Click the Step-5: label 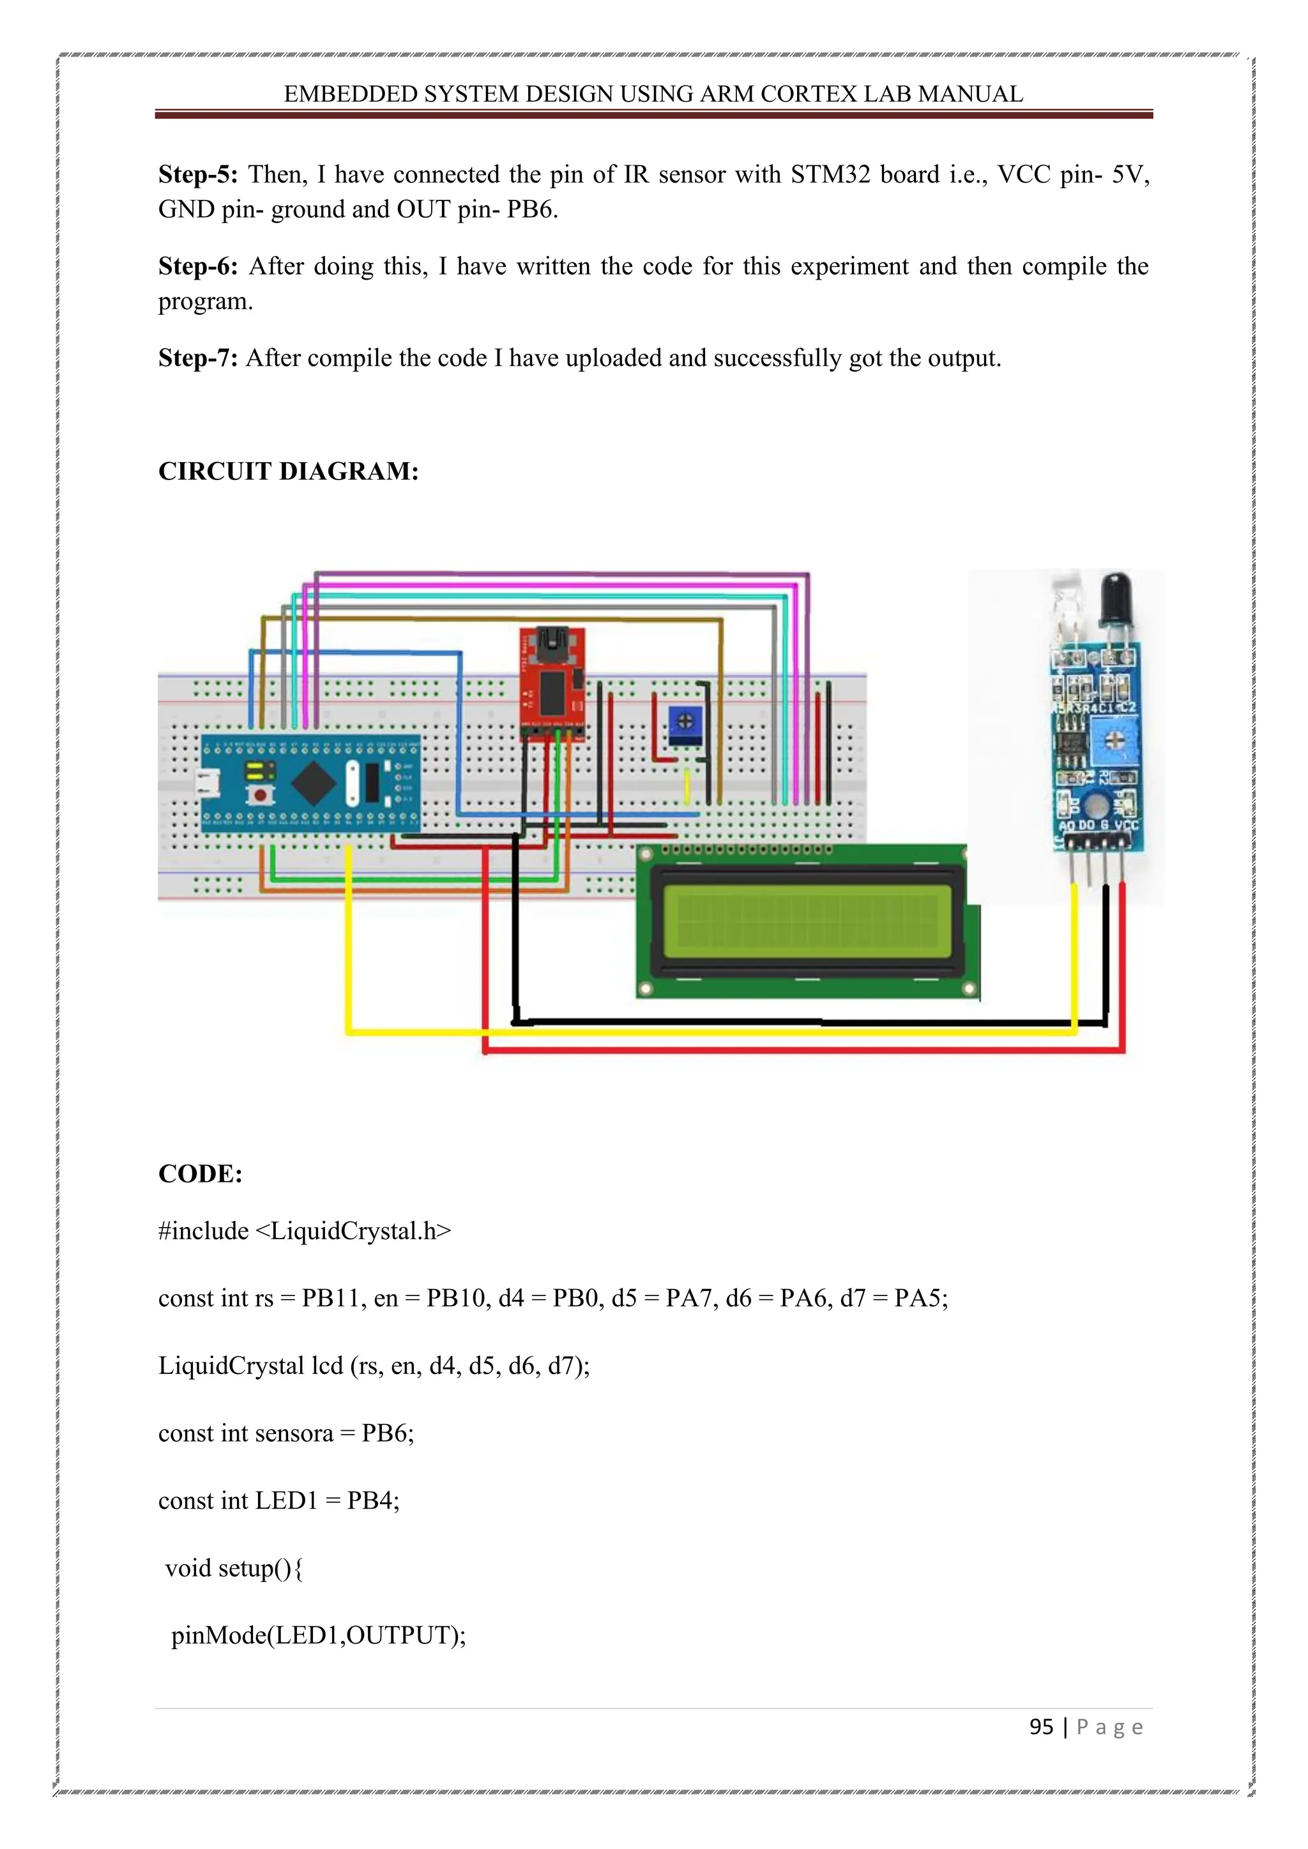197,175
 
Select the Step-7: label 197,358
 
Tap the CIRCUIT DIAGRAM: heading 288,471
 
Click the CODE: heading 201,1174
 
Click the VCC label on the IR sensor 1127,826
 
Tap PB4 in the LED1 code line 372,1501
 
